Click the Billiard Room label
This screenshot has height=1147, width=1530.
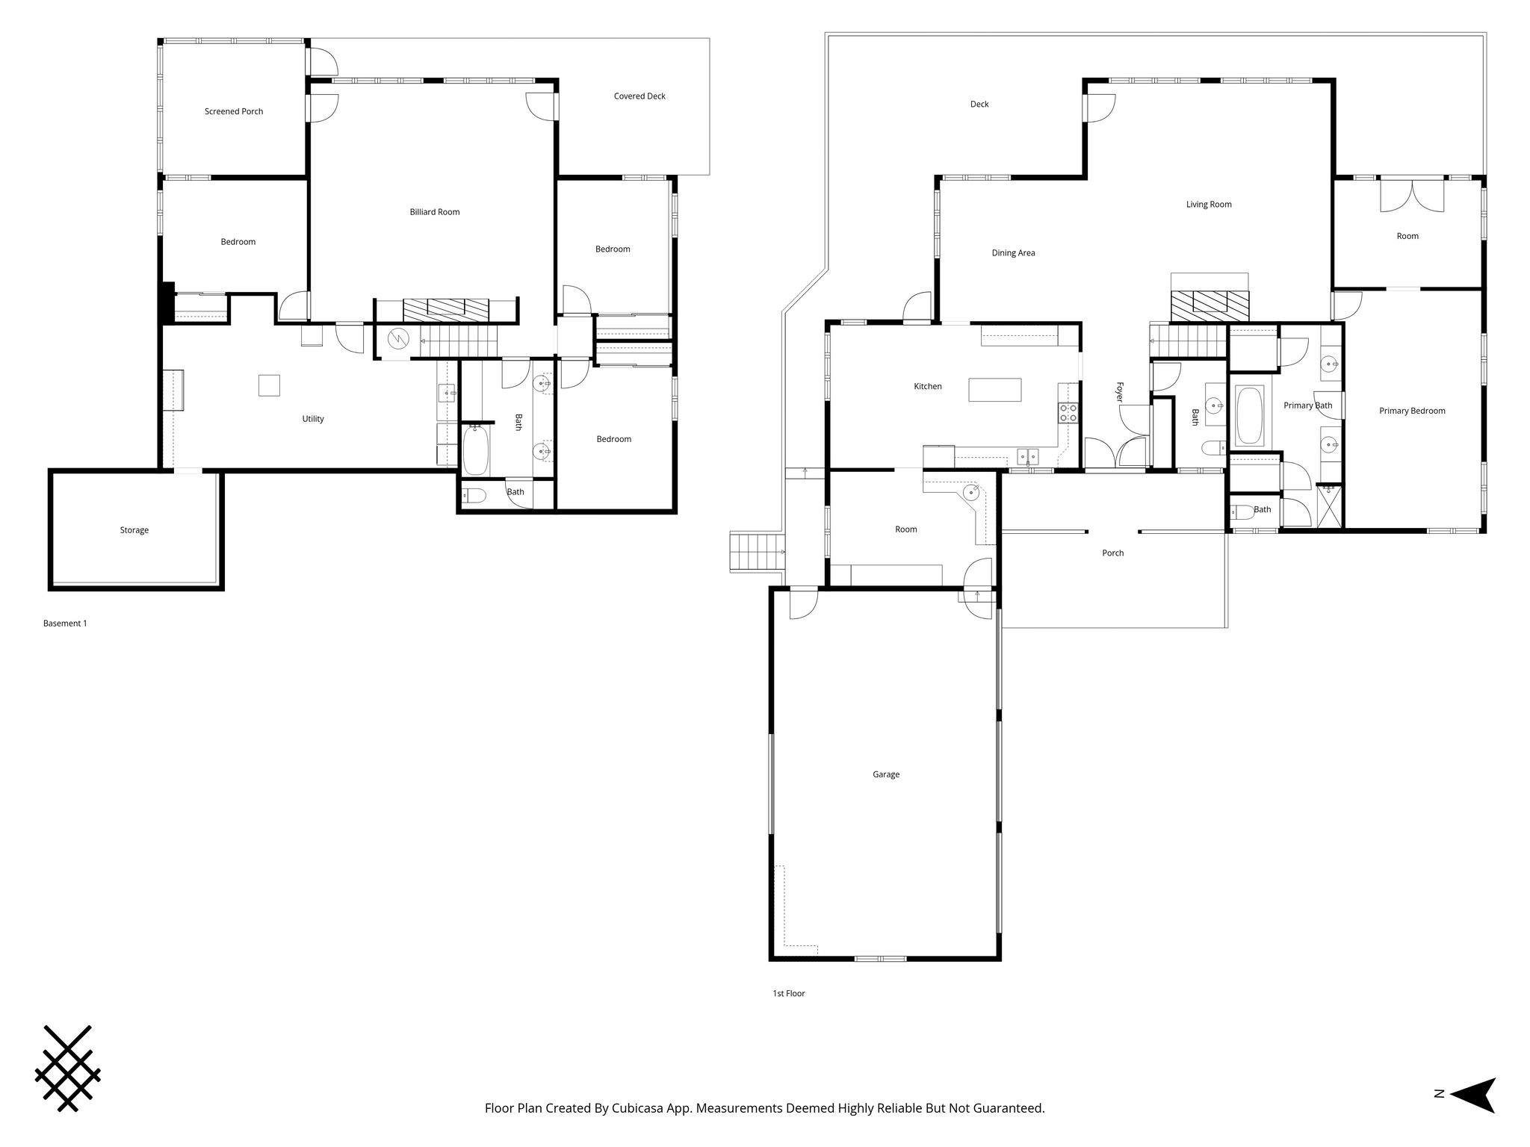click(434, 212)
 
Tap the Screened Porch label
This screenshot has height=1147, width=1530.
click(234, 111)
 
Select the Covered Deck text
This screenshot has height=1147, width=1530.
click(639, 96)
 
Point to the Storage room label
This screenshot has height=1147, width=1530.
click(134, 530)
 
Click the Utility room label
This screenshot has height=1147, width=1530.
click(313, 419)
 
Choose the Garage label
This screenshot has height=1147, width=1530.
click(886, 774)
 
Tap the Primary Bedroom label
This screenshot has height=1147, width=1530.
click(1412, 411)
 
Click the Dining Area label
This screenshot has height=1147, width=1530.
click(1013, 253)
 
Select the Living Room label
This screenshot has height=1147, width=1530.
click(1209, 205)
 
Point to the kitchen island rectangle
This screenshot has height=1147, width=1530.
click(995, 390)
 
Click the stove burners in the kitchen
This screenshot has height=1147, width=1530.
click(1069, 413)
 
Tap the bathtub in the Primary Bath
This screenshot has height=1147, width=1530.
click(1249, 415)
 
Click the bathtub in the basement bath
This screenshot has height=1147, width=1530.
click(475, 450)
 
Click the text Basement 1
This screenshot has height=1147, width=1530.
click(65, 624)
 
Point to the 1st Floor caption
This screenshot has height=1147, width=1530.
click(789, 994)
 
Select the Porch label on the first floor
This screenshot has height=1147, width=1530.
click(1112, 553)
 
